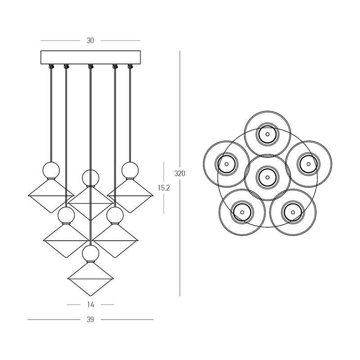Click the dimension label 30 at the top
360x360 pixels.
(90, 40)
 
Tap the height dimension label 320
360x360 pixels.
(180, 174)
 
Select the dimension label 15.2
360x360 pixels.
(164, 188)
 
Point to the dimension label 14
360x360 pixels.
(91, 305)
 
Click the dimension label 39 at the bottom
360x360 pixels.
(90, 319)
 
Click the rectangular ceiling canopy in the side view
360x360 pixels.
(91, 58)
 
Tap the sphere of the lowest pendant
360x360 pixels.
(91, 253)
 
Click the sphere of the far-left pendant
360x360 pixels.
(51, 171)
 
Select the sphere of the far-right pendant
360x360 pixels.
(130, 171)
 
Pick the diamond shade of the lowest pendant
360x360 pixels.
(91, 279)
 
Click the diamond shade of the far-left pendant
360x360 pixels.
(51, 196)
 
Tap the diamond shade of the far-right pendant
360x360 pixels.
(130, 196)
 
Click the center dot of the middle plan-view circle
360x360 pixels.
(267, 177)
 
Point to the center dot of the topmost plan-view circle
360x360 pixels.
(267, 134)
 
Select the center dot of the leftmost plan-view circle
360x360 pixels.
(227, 164)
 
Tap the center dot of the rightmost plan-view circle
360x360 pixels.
(309, 164)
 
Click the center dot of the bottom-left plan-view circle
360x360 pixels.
(242, 212)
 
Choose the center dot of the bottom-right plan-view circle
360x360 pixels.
(293, 212)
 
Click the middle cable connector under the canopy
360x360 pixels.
(91, 66)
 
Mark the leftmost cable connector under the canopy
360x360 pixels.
(51, 66)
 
